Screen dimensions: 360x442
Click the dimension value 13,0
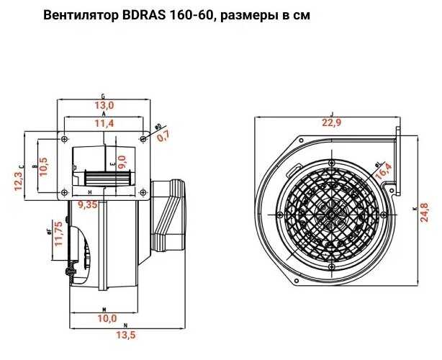point(105,105)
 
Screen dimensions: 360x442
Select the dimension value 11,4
point(105,124)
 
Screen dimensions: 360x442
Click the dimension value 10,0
point(107,318)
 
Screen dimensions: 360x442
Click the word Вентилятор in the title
point(79,16)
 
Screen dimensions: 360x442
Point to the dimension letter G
point(104,95)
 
